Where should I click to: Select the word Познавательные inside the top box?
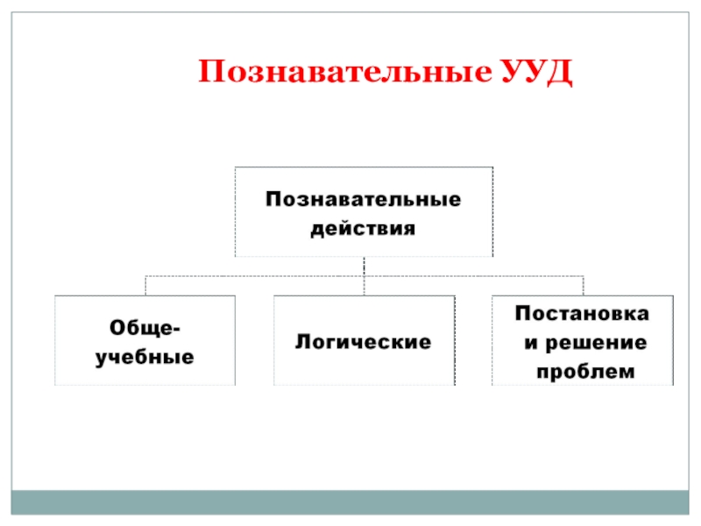pyautogui.click(x=364, y=200)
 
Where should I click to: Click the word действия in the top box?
pyautogui.click(x=364, y=230)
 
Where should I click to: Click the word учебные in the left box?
pyautogui.click(x=145, y=359)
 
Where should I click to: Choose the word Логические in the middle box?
pyautogui.click(x=363, y=342)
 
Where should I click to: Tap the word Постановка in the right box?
pyautogui.click(x=583, y=312)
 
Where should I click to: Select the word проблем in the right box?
pyautogui.click(x=583, y=372)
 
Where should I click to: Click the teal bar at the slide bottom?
pyautogui.click(x=350, y=501)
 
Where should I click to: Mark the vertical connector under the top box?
pyautogui.click(x=364, y=266)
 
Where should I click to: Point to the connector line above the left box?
pyautogui.click(x=145, y=286)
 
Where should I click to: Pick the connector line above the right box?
pyautogui.click(x=583, y=286)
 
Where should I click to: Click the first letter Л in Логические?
pyautogui.click(x=301, y=342)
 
